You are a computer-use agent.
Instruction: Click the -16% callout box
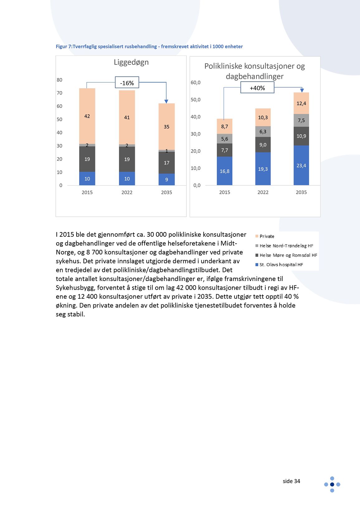(x=127, y=83)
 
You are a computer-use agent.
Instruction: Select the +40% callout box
(x=257, y=88)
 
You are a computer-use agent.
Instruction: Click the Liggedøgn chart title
(x=131, y=62)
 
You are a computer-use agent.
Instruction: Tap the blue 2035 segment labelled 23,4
(x=301, y=165)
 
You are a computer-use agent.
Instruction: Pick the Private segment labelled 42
(x=87, y=116)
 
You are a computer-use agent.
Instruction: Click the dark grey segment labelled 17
(x=167, y=163)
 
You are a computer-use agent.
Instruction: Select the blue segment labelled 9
(x=167, y=179)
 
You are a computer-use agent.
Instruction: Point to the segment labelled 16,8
(x=225, y=171)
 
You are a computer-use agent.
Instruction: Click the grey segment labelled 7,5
(x=301, y=120)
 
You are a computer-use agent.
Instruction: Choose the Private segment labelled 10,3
(x=263, y=117)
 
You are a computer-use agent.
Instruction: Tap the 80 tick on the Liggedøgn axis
(x=59, y=80)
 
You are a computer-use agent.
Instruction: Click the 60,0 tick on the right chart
(x=196, y=83)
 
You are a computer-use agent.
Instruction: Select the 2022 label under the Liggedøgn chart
(x=127, y=193)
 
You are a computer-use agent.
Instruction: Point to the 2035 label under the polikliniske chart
(x=301, y=192)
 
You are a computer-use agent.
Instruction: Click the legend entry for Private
(x=267, y=236)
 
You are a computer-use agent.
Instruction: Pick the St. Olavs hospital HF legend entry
(x=281, y=265)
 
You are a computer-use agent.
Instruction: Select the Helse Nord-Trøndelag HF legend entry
(x=286, y=246)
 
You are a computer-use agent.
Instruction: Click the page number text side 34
(x=291, y=481)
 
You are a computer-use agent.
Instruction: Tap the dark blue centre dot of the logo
(x=332, y=484)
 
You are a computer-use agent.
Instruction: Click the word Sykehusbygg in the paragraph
(x=75, y=288)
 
